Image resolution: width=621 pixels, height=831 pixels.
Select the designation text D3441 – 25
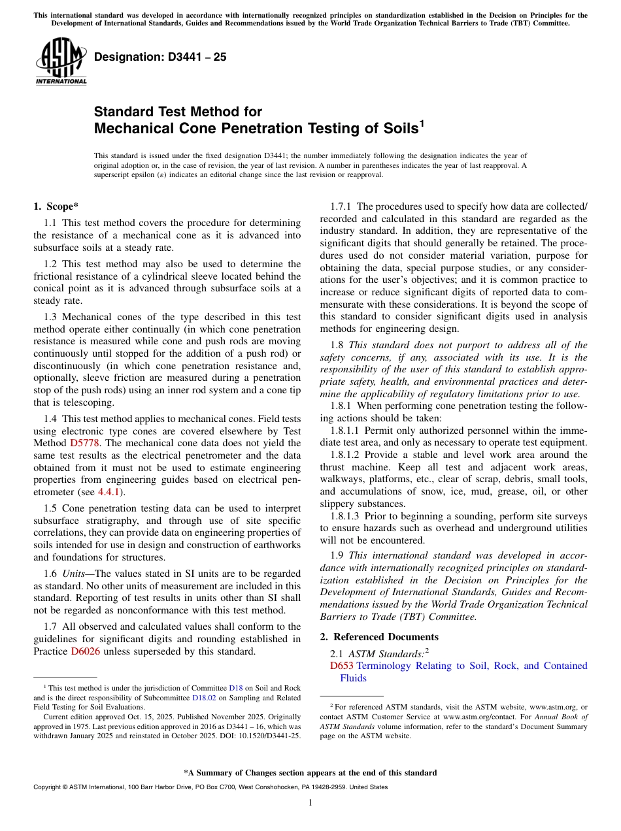coord(160,57)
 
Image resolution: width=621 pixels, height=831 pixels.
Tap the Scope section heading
coord(56,207)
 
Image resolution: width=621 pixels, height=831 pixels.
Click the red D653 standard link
coord(341,666)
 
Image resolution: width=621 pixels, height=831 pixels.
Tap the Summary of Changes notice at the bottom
coord(310,773)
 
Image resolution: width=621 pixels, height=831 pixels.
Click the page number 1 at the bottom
coord(310,803)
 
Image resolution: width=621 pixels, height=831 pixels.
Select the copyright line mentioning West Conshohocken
coord(210,787)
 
